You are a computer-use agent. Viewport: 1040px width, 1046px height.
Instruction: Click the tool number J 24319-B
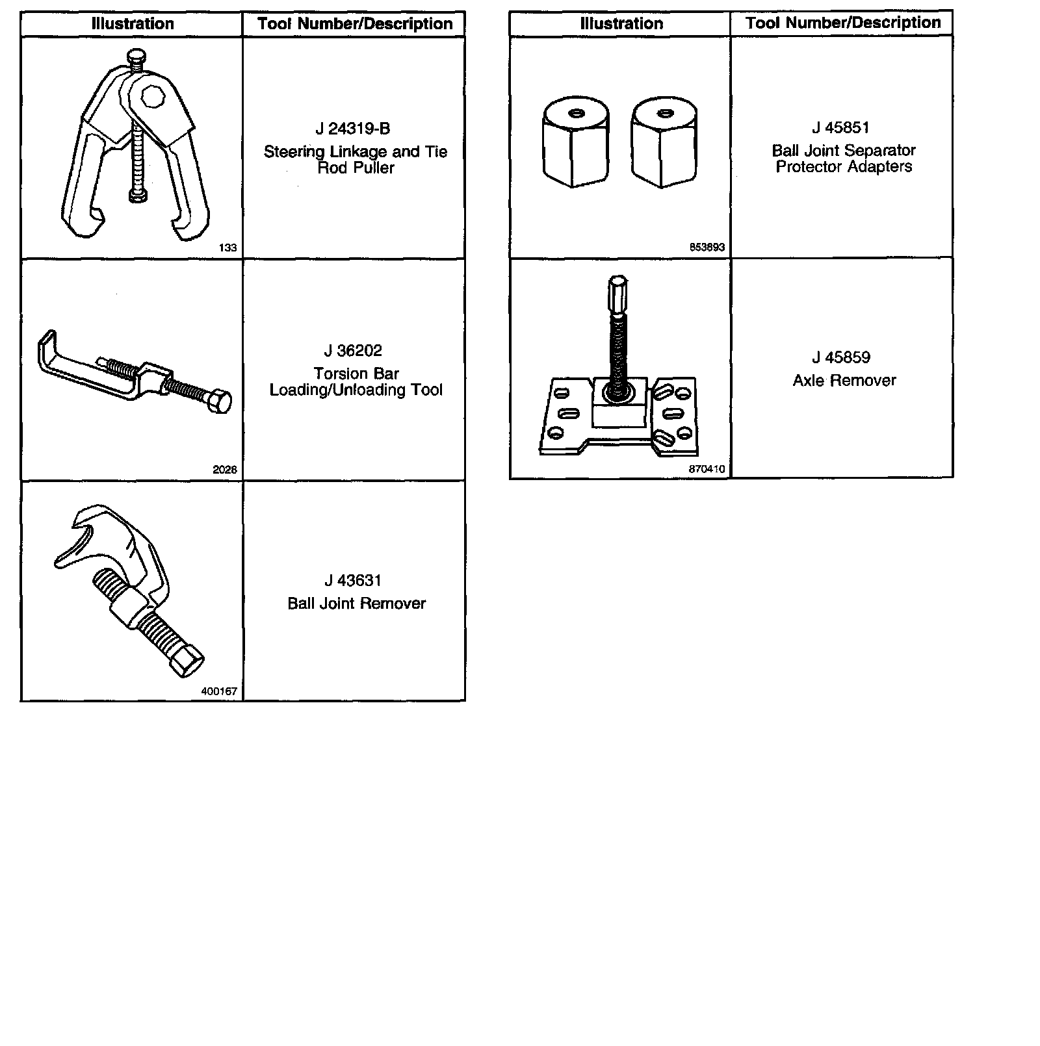pos(353,129)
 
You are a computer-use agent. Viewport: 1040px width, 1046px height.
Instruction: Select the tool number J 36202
pos(353,351)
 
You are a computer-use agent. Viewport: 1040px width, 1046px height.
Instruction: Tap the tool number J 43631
pos(353,581)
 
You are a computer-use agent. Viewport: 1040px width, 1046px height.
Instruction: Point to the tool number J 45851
pos(840,127)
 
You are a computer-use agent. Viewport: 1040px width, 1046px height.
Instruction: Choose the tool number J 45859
pos(840,357)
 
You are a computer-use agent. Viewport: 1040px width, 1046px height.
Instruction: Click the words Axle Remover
pos(844,381)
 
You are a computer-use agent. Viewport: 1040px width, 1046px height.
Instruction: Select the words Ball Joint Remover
pos(356,604)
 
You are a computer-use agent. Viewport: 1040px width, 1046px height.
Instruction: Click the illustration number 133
pos(227,248)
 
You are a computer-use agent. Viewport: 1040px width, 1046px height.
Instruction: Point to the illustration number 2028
pos(225,470)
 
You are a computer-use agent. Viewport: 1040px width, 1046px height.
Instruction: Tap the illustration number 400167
pos(219,691)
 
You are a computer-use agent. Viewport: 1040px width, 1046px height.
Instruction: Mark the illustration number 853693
pos(707,248)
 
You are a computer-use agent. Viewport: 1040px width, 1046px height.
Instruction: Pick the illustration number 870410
pos(707,469)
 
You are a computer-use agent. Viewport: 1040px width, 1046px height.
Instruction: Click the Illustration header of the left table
pos(133,24)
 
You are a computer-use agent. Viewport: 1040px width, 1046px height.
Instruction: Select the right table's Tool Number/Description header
pos(843,23)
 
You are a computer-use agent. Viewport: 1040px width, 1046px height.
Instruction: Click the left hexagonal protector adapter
pos(575,143)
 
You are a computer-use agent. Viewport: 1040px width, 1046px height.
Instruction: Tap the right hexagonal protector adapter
pos(664,143)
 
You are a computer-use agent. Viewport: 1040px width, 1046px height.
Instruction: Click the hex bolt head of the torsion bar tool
pos(221,402)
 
